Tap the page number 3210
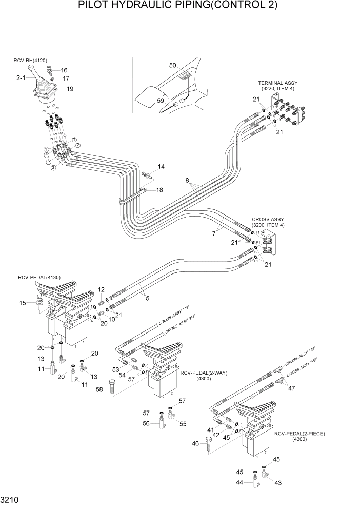click(11, 499)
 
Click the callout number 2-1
click(21, 79)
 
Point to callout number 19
click(70, 89)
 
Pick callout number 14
click(161, 167)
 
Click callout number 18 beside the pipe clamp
click(159, 190)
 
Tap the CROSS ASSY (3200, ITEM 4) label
click(268, 222)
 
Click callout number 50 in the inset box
click(173, 65)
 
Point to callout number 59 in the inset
click(161, 101)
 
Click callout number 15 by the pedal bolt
click(22, 303)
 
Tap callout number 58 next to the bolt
click(99, 390)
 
